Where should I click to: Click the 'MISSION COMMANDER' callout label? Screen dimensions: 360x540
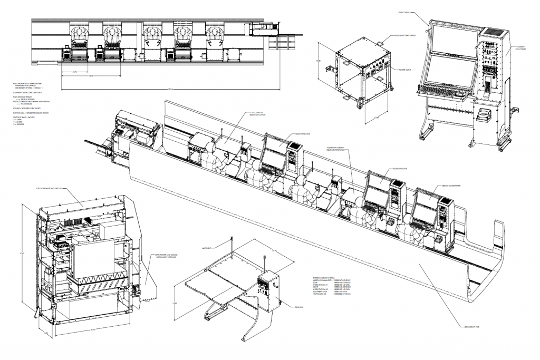point(452,186)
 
